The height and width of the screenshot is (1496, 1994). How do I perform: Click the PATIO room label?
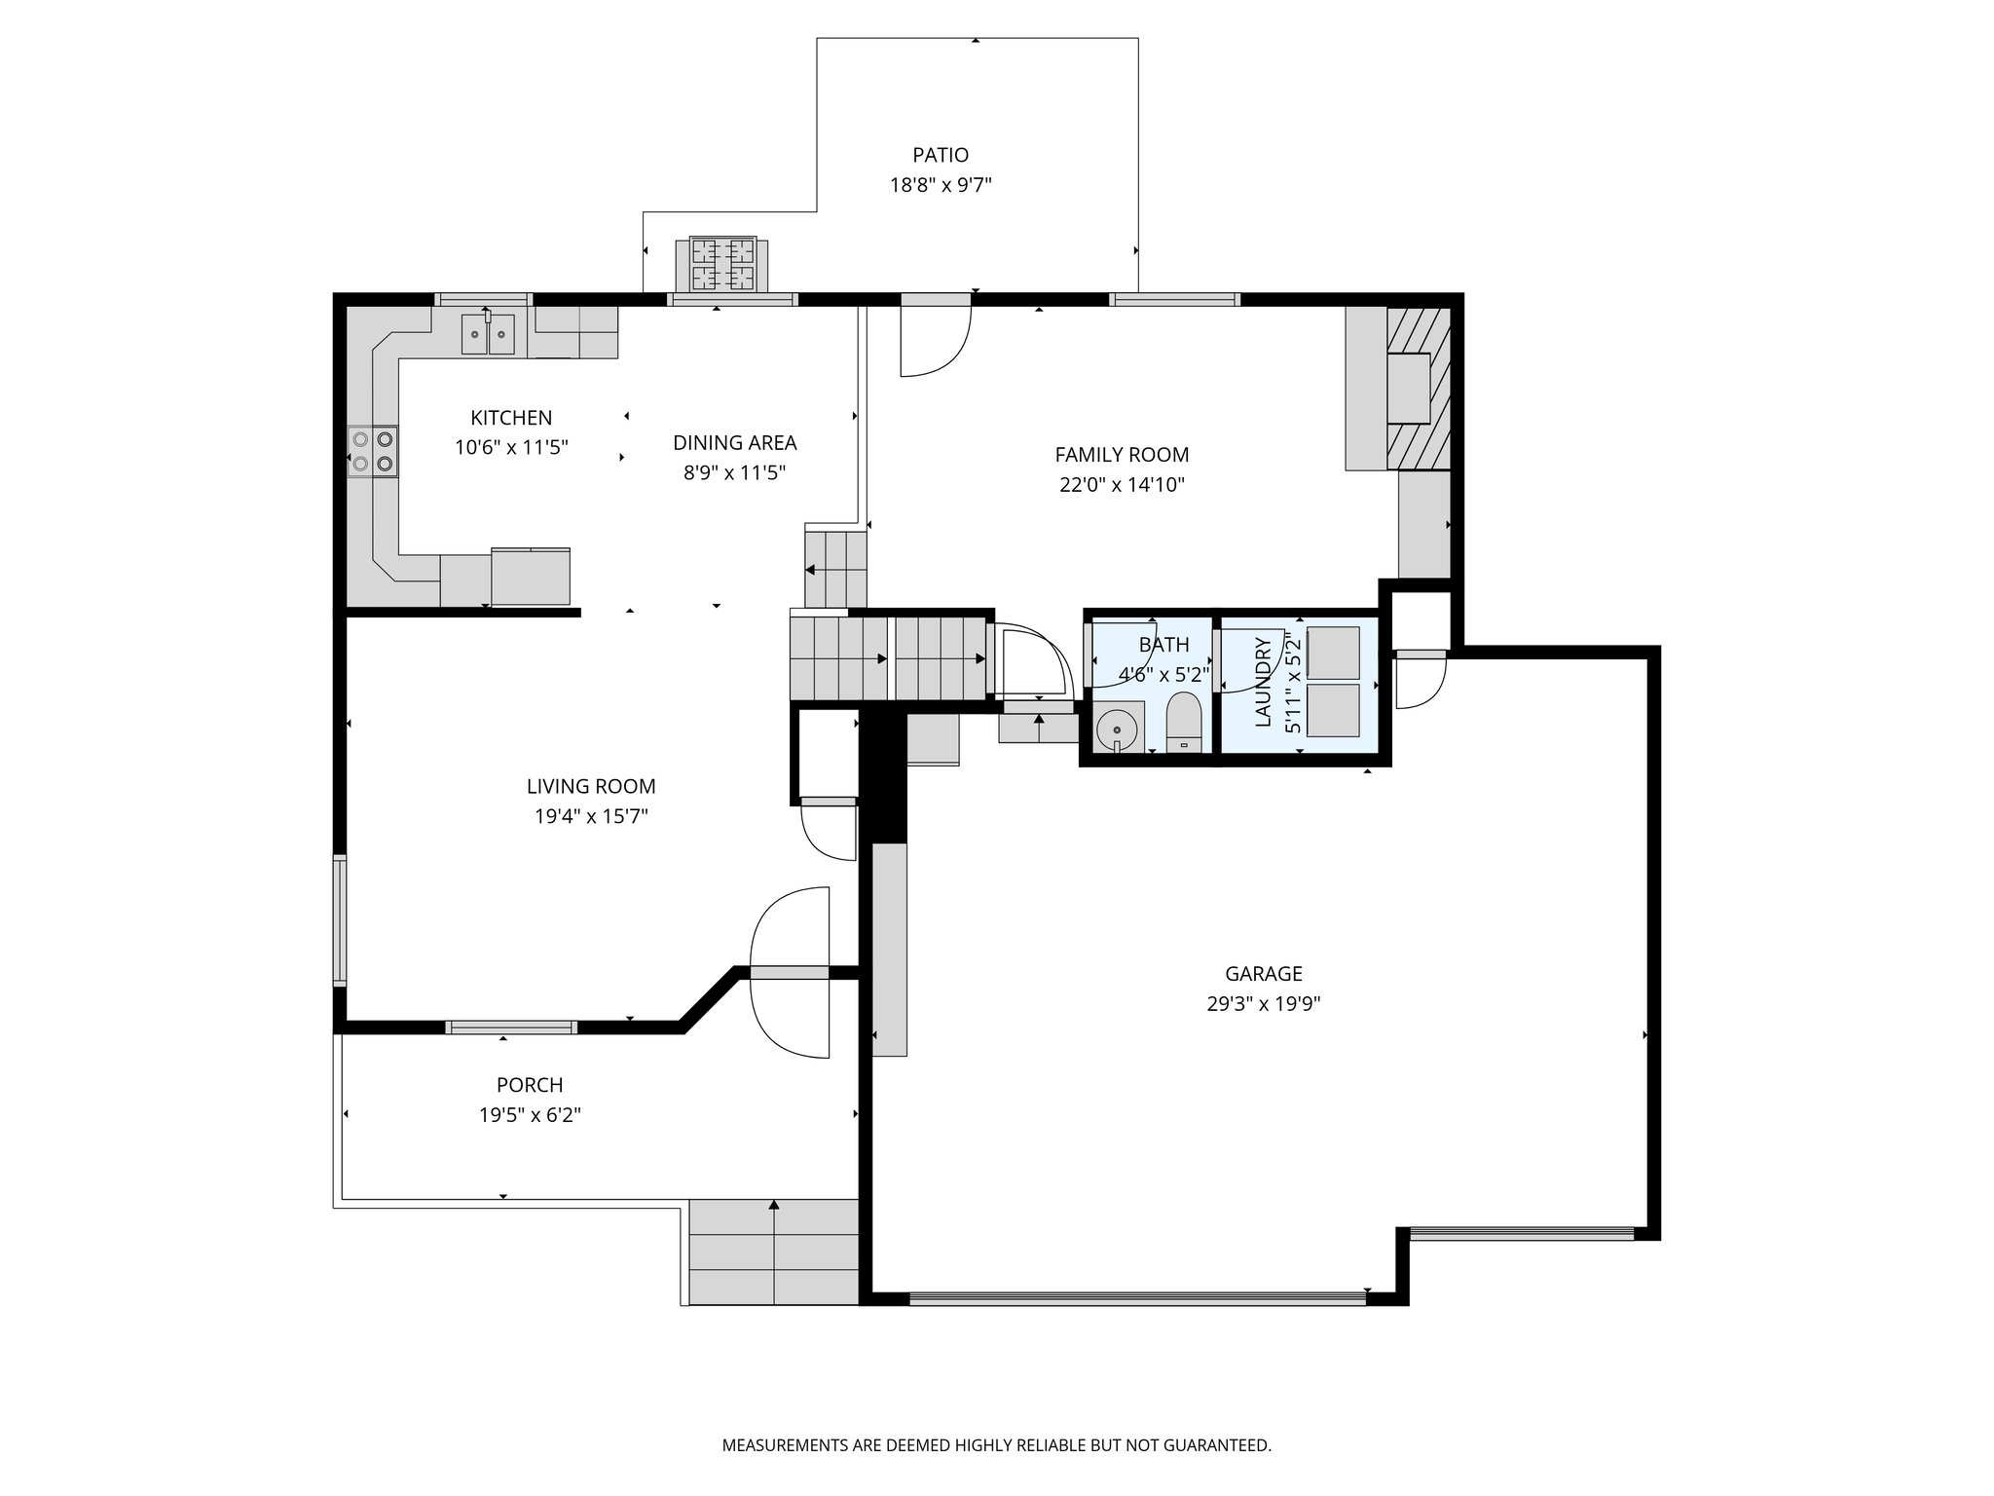941,155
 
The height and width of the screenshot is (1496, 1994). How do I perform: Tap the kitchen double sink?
487,335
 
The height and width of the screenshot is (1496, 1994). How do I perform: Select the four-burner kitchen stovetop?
374,452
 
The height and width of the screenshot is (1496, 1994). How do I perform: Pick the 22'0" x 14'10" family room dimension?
1122,485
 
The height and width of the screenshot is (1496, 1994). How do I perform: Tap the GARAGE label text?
1263,973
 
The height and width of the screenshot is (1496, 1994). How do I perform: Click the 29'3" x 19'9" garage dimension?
1263,1004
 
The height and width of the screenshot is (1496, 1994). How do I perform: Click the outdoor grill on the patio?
722,265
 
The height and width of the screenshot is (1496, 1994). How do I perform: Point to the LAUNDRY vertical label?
1264,682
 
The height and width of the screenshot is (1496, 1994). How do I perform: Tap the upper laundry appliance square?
1332,653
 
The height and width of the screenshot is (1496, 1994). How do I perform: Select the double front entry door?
790,972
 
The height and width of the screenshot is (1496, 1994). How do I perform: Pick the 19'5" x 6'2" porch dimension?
530,1115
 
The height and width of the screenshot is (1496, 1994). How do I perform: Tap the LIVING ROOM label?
591,786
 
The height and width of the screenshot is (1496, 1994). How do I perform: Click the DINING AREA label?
734,443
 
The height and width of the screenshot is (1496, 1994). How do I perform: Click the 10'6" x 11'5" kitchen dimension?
511,448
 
